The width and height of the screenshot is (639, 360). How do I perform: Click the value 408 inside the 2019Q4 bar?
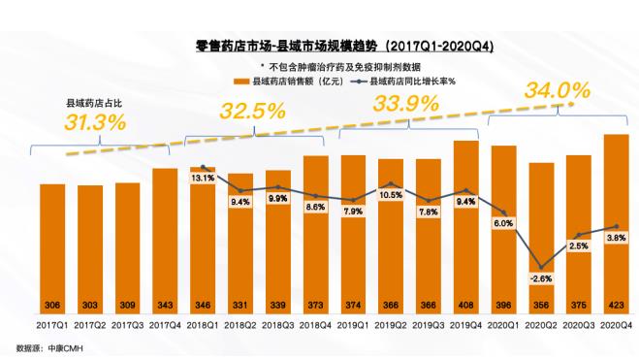pos(465,302)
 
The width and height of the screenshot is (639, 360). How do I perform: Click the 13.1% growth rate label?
pos(203,178)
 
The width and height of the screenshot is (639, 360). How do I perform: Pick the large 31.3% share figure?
pos(95,122)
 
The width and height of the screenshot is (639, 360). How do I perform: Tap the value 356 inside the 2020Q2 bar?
pos(541,302)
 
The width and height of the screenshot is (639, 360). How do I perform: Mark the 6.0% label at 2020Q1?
pos(502,223)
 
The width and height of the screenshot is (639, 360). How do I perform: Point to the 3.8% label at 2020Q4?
pos(616,236)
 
